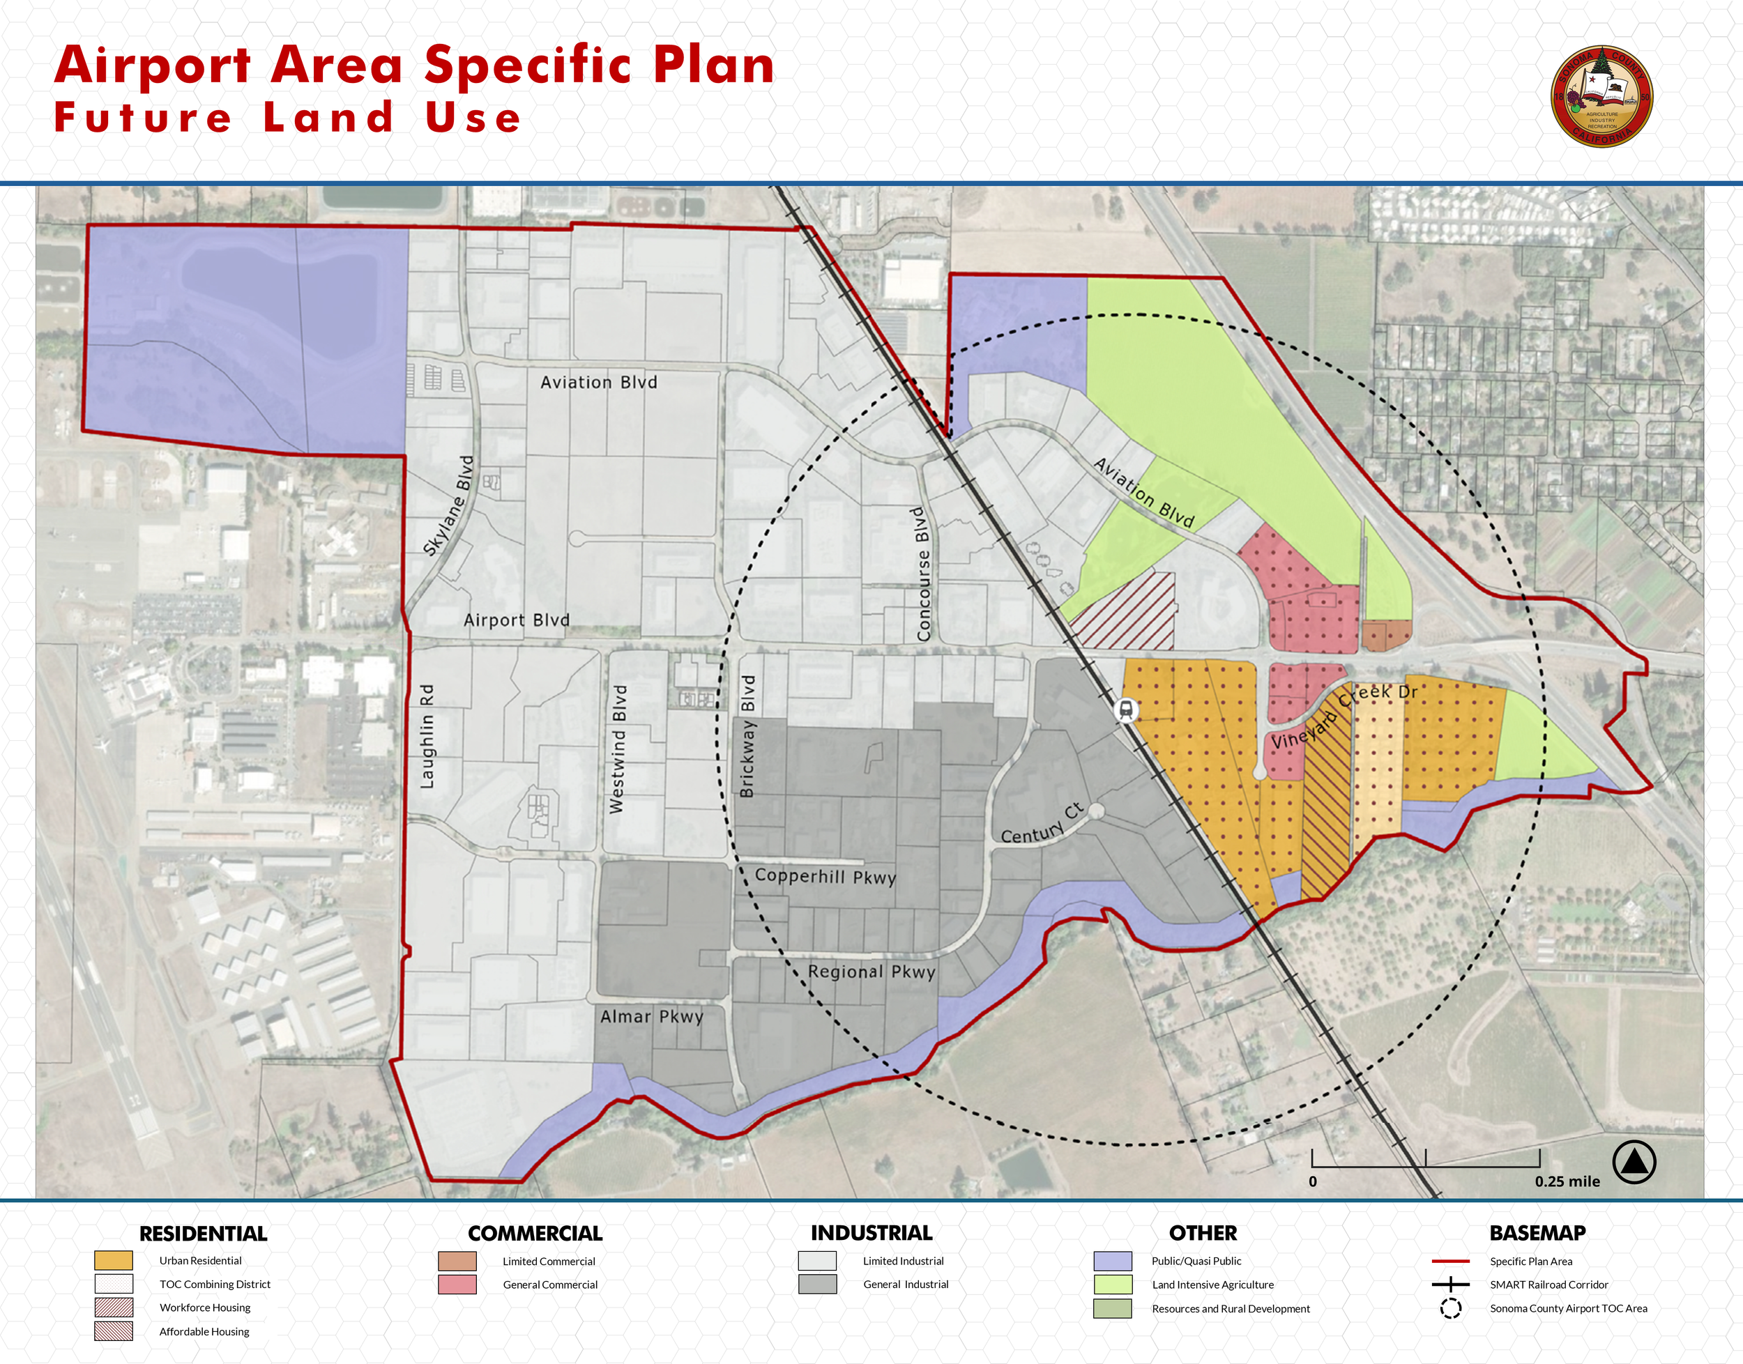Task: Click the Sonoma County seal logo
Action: coord(1601,95)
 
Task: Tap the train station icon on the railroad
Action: coord(1126,709)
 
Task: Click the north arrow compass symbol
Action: coord(1634,1162)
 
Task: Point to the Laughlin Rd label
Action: coord(427,736)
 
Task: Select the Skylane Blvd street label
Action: coord(449,505)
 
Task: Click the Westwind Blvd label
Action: coord(618,749)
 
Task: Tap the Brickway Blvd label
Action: coord(747,735)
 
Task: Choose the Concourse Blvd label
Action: coord(923,574)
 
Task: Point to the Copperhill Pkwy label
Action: coord(825,876)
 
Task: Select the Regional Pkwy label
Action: coord(871,972)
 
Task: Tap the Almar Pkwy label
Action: coord(652,1017)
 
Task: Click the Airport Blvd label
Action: coord(517,620)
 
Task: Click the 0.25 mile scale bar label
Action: coord(1567,1181)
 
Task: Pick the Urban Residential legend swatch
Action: coord(114,1260)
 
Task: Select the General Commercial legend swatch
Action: coord(457,1284)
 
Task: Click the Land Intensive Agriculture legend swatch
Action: coord(1113,1284)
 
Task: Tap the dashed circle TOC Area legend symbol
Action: coord(1451,1308)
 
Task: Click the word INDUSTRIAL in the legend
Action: coord(871,1233)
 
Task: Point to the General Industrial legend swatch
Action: coord(817,1284)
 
